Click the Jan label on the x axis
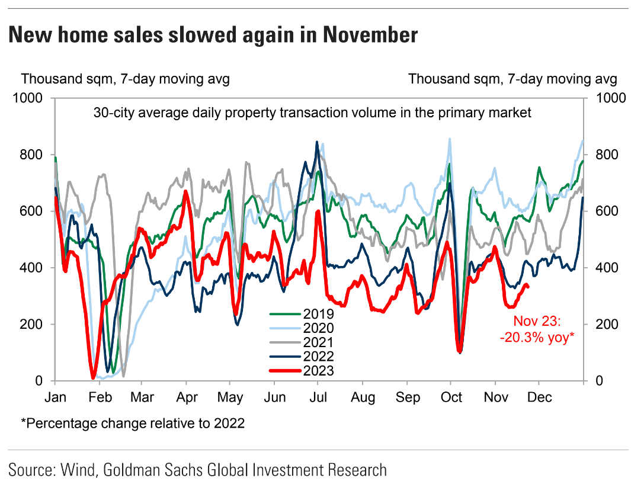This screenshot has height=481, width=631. point(55,396)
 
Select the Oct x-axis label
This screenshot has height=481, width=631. point(451,396)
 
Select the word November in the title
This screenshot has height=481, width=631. point(370,35)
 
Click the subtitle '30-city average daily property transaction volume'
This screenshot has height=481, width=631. point(312,113)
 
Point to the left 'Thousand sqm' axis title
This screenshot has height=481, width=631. point(125,79)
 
